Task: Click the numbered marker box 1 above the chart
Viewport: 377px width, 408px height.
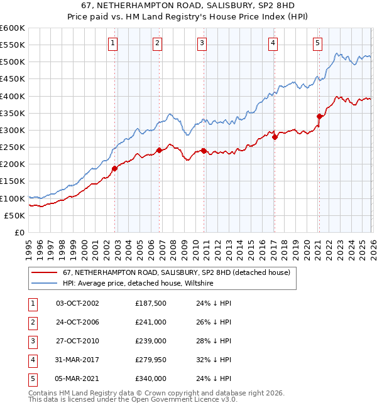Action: point(112,43)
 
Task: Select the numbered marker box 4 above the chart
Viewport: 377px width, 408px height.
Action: point(273,43)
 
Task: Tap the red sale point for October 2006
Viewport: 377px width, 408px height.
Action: point(160,150)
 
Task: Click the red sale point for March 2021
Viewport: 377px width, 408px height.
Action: point(319,116)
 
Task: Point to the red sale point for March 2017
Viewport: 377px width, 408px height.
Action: point(275,136)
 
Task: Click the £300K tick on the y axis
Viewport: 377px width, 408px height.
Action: point(13,130)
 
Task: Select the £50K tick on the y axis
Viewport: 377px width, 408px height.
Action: point(14,215)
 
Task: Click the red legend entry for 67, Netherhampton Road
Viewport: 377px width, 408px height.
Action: point(176,272)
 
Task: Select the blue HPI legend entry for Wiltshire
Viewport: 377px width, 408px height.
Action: point(138,284)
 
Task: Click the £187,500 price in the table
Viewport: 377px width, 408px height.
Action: point(151,303)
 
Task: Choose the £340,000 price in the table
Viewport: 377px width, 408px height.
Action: point(151,378)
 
